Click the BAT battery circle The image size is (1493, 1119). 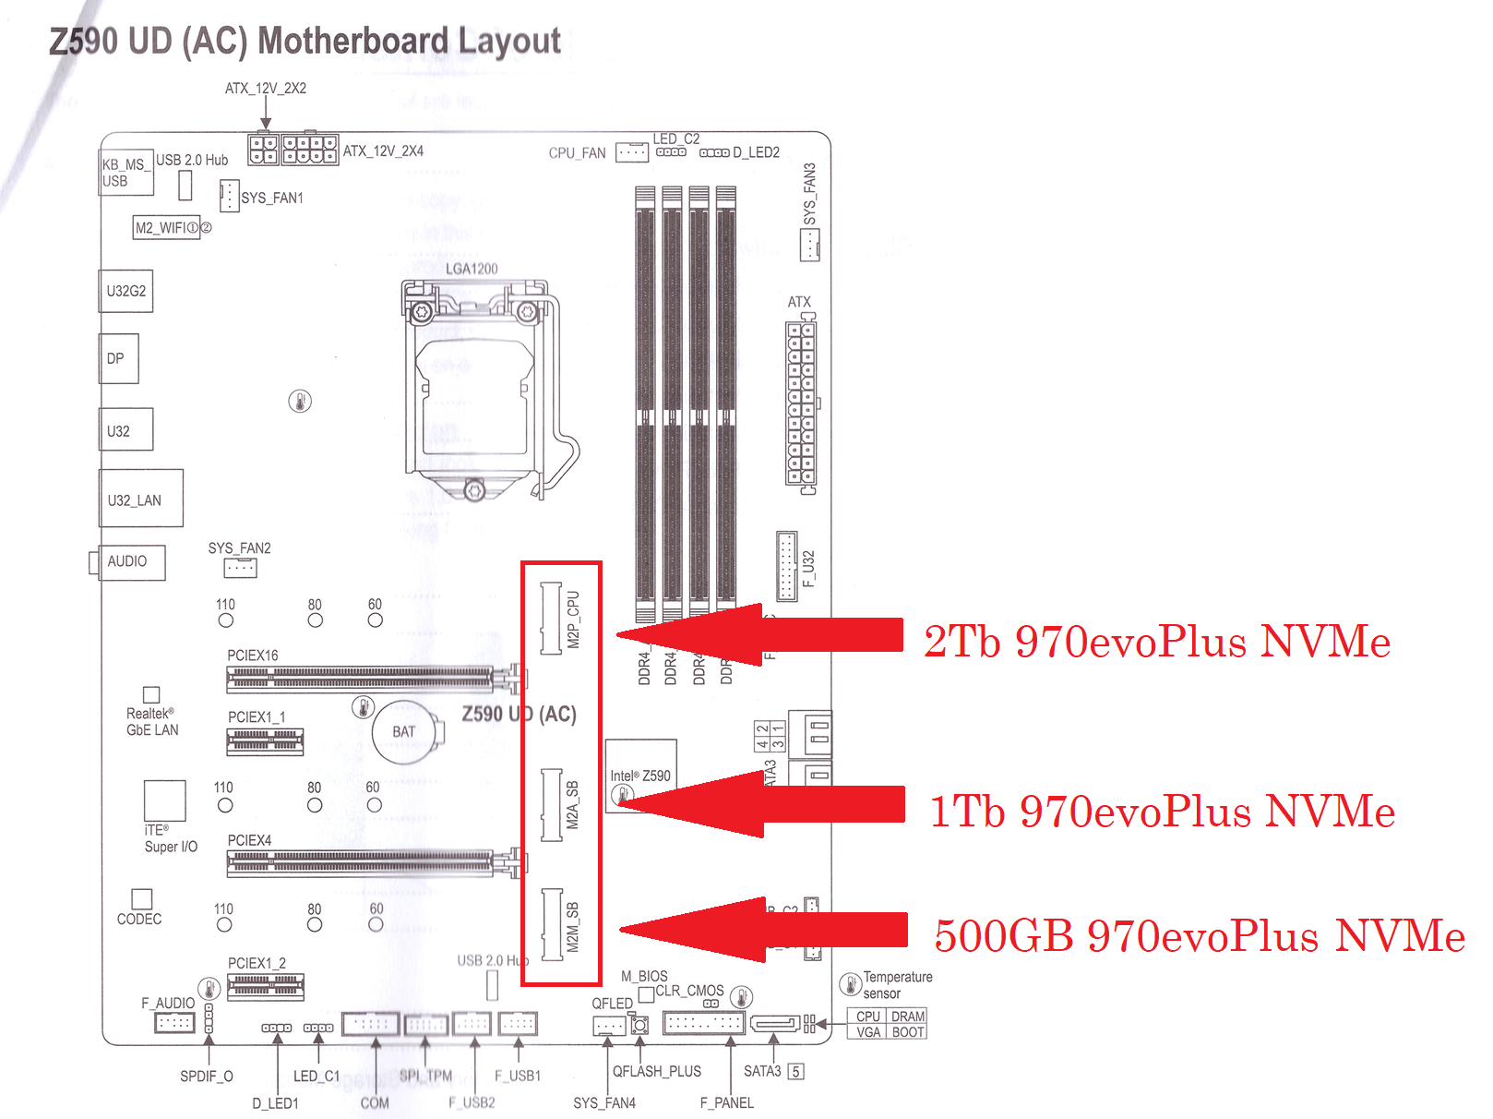click(404, 732)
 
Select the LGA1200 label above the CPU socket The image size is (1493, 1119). click(472, 269)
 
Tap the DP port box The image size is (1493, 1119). click(118, 358)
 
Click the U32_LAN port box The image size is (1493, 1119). click(140, 499)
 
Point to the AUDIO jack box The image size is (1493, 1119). click(129, 561)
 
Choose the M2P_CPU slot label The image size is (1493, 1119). click(573, 620)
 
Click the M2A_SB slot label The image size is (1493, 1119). click(573, 804)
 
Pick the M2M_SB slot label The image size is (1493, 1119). click(573, 927)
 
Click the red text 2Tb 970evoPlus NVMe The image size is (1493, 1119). click(1157, 641)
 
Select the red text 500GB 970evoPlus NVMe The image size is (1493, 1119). click(1200, 935)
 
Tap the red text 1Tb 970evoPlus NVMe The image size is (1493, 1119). click(1162, 811)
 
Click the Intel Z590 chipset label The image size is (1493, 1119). click(640, 776)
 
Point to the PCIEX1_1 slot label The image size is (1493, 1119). click(257, 716)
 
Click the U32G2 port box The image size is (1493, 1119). click(125, 291)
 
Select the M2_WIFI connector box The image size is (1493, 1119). click(167, 227)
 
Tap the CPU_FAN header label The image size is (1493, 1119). click(577, 153)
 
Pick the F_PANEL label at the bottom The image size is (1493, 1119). click(727, 1102)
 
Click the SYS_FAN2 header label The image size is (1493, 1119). click(240, 548)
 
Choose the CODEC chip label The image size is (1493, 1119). click(139, 920)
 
